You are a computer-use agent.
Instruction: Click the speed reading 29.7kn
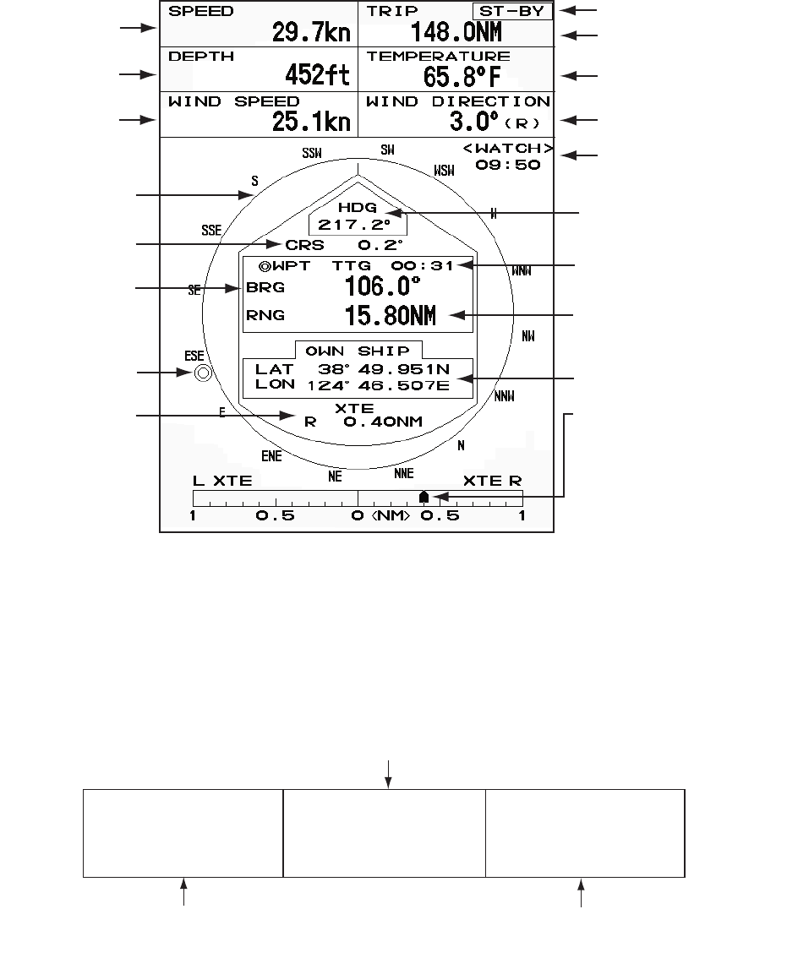tap(310, 33)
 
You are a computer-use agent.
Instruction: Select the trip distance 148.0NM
tap(456, 33)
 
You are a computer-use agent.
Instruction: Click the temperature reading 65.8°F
tap(462, 77)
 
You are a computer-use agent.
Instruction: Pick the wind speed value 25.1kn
tap(310, 122)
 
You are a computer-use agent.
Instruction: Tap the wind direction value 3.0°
tap(469, 122)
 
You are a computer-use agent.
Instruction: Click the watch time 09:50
tap(507, 166)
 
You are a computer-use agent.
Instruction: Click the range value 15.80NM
tap(390, 316)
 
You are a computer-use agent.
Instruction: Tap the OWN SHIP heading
tap(358, 351)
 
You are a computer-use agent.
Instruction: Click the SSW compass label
tap(312, 154)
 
